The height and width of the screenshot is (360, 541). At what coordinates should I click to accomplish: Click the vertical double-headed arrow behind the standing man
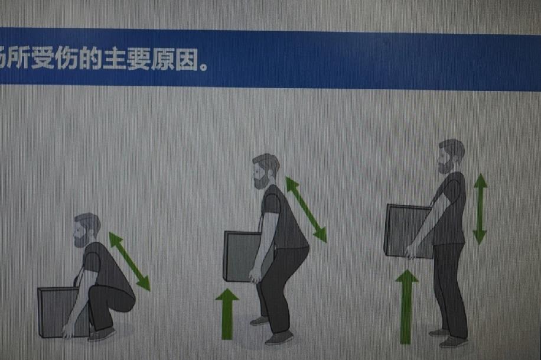[480, 209]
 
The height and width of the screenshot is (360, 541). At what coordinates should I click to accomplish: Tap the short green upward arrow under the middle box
[227, 313]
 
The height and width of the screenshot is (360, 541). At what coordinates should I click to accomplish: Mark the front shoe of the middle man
[279, 338]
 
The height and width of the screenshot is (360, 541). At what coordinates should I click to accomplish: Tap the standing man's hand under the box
[411, 252]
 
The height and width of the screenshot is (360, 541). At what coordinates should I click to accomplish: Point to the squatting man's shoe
[102, 334]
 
